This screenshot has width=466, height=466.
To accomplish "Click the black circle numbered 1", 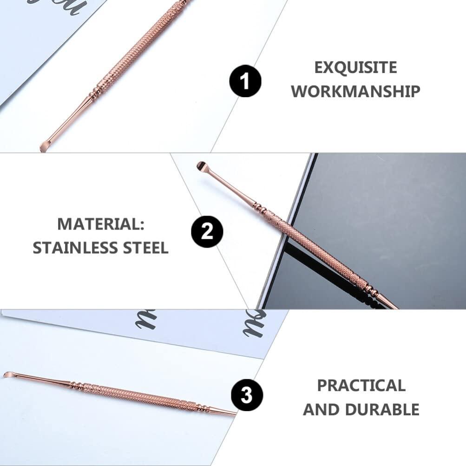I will pyautogui.click(x=245, y=81).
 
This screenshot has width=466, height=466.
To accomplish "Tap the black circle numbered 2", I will pyautogui.click(x=207, y=231).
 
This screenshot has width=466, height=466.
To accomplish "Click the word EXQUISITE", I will pyautogui.click(x=356, y=68).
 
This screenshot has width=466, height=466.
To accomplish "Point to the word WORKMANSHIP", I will pyautogui.click(x=356, y=91).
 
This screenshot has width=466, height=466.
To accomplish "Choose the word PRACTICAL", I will pyautogui.click(x=361, y=385).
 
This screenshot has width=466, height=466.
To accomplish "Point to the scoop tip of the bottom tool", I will pyautogui.click(x=8, y=374).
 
